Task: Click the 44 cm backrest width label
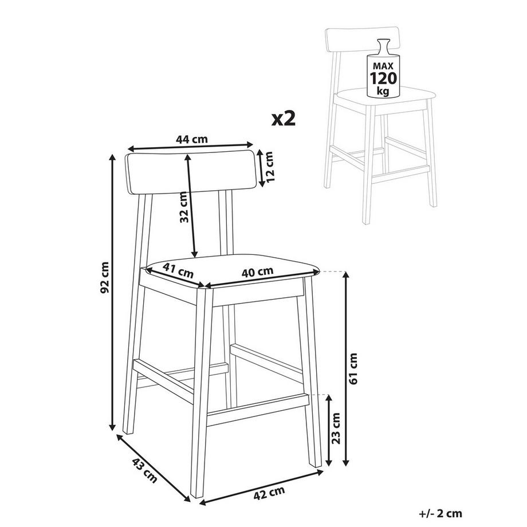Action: (191, 139)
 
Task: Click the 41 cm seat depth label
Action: (178, 269)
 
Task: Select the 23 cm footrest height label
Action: (337, 429)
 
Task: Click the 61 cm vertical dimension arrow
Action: (345, 367)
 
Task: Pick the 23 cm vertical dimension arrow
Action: (329, 430)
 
